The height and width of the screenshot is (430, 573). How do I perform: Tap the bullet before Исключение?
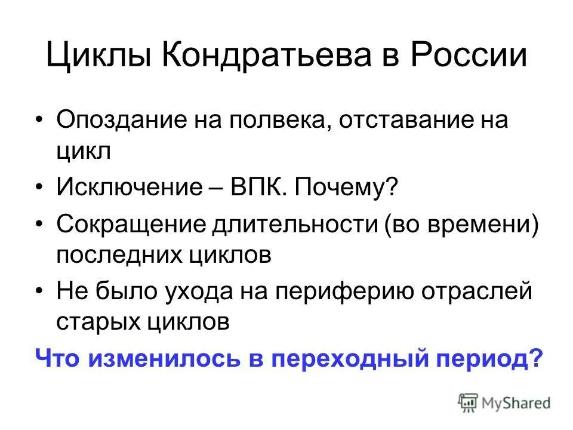(39, 189)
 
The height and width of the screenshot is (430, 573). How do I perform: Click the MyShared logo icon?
(469, 401)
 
